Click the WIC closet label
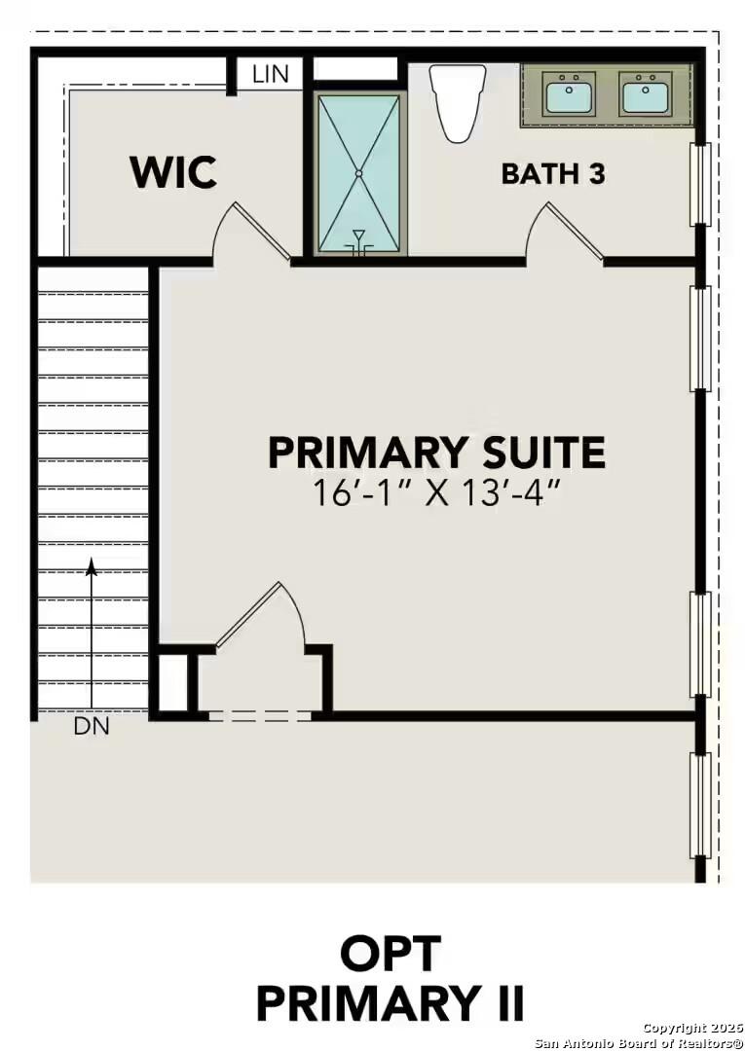(173, 172)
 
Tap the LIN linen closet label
(270, 74)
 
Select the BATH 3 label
(552, 174)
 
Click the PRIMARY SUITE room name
(436, 453)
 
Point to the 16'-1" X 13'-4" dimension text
(437, 492)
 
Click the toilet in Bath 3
(458, 100)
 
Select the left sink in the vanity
(570, 95)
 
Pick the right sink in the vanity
(645, 95)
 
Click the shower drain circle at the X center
(358, 173)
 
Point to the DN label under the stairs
(92, 726)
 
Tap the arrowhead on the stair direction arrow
(92, 564)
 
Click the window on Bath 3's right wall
(699, 184)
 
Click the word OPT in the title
(390, 954)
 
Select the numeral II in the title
(504, 1002)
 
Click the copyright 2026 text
(691, 1028)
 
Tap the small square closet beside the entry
(172, 683)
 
